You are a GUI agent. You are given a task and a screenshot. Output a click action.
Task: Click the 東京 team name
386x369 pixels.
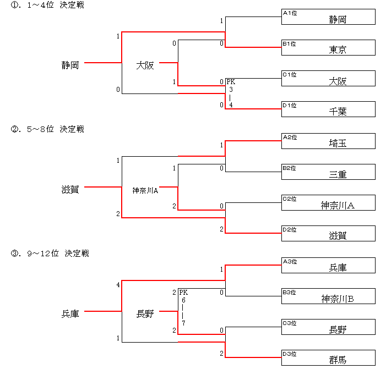point(338,50)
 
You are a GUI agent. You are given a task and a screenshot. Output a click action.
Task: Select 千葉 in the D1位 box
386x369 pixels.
point(338,112)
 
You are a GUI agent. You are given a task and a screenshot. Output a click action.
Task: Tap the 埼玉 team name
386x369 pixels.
point(338,143)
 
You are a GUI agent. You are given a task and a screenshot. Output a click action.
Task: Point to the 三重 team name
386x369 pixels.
point(338,174)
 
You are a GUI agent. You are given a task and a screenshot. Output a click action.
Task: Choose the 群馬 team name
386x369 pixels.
point(338,360)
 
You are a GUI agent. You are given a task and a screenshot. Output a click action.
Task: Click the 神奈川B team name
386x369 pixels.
point(338,299)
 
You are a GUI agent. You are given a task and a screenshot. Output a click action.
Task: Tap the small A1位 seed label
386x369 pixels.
point(290,13)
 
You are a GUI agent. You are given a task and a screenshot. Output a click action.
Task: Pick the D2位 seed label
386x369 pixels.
point(290,230)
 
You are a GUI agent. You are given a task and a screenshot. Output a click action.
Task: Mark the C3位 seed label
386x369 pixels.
point(290,323)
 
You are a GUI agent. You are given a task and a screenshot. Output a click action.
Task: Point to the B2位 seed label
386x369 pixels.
point(290,168)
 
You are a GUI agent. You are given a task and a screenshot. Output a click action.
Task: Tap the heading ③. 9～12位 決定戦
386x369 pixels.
point(50,254)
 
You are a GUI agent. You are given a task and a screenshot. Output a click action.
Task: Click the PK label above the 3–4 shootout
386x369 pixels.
point(230,81)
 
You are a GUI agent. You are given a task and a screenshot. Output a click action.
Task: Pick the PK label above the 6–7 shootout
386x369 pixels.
point(183,293)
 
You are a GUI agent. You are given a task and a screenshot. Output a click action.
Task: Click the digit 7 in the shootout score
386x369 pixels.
point(183,323)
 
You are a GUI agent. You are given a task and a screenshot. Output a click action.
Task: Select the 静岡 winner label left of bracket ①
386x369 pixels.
point(70,65)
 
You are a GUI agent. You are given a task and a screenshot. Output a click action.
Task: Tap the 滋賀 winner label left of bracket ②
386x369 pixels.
point(70,189)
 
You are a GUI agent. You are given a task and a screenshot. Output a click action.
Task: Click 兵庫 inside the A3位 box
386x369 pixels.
point(338,268)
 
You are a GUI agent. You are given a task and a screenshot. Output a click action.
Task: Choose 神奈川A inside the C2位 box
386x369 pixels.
point(338,206)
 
